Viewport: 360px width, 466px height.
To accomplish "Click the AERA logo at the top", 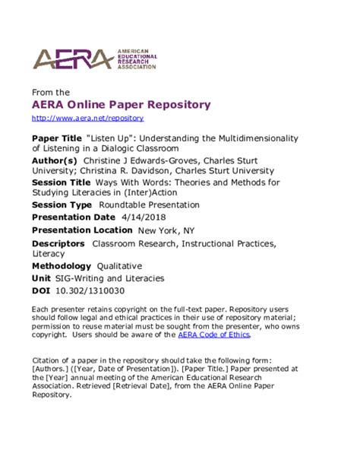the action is (94, 59).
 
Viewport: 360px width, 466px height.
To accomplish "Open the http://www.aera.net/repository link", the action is (87, 119).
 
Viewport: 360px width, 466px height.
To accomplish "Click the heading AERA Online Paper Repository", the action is (121, 104).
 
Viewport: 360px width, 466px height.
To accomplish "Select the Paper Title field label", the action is (57, 139).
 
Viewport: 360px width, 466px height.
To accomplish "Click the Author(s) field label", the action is (55, 161).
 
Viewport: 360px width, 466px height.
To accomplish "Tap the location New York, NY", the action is (170, 230).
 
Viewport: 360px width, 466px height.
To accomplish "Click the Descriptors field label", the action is (58, 243).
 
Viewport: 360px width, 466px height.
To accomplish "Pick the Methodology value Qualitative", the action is (119, 266).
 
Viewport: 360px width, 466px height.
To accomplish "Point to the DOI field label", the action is (41, 290).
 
